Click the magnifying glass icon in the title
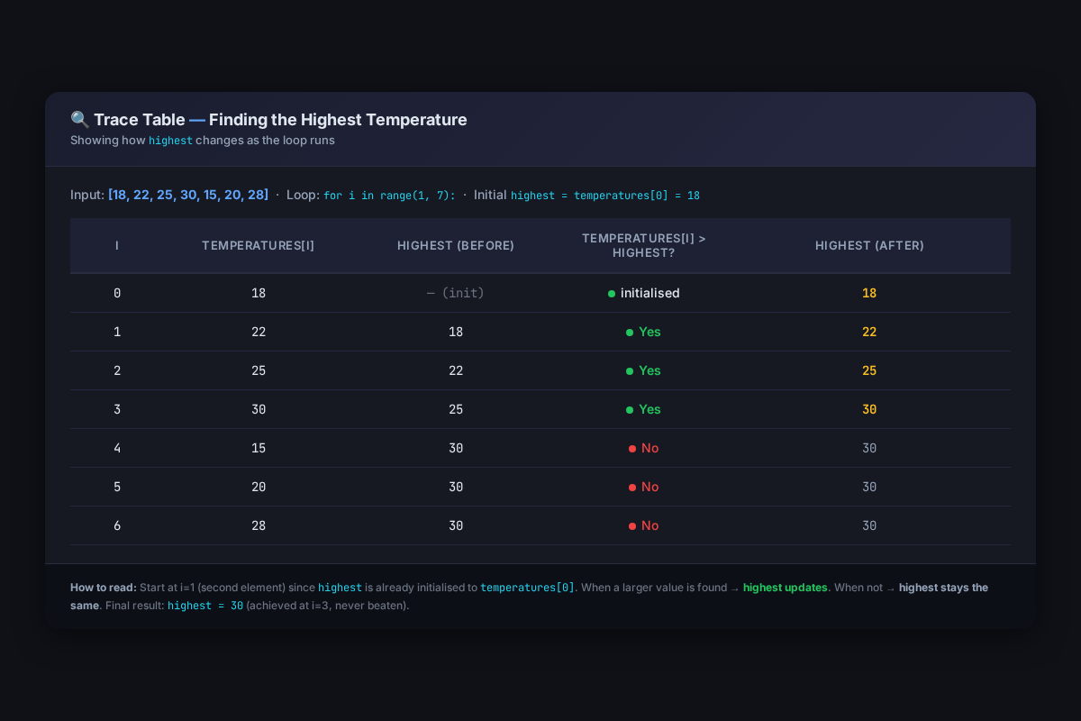(x=79, y=119)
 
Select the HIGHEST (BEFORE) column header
(x=456, y=245)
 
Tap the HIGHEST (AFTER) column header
(x=869, y=245)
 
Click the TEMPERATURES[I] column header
(x=258, y=245)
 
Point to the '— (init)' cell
(x=456, y=293)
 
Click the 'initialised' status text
(x=650, y=293)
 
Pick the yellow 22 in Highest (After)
(x=869, y=332)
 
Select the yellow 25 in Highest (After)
(x=869, y=370)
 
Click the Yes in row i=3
(x=650, y=409)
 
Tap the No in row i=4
(x=650, y=448)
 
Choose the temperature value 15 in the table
(x=259, y=448)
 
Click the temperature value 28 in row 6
(x=259, y=525)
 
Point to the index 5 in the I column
(x=117, y=487)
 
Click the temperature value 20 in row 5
(x=259, y=487)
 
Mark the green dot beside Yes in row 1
(x=630, y=333)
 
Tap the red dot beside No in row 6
(x=632, y=526)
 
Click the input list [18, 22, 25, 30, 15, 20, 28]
(x=188, y=195)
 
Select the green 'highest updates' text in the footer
(x=786, y=588)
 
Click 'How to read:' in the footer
(x=104, y=588)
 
